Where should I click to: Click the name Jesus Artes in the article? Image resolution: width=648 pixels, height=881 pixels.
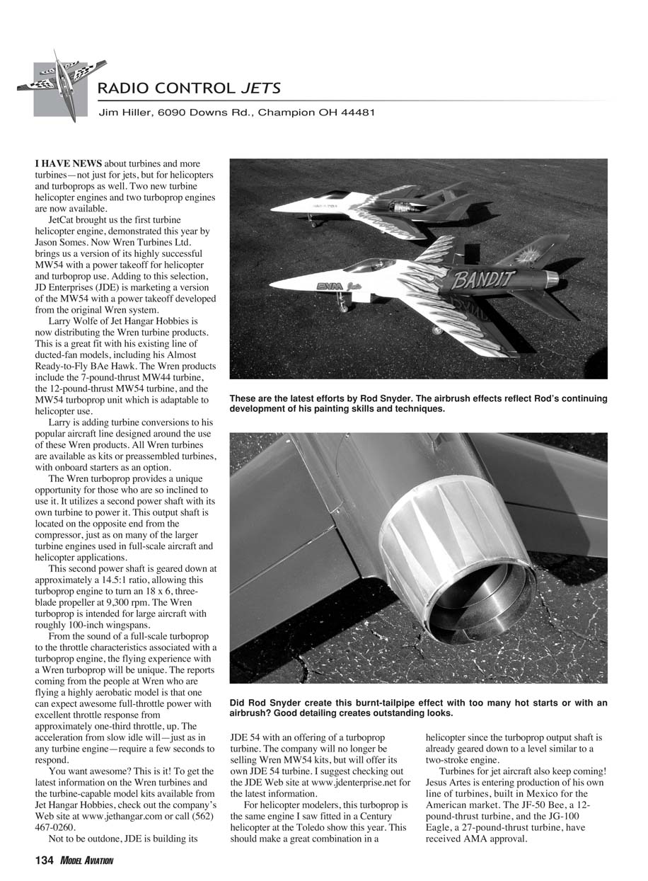452,782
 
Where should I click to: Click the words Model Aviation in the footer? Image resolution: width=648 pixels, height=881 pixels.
86,860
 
